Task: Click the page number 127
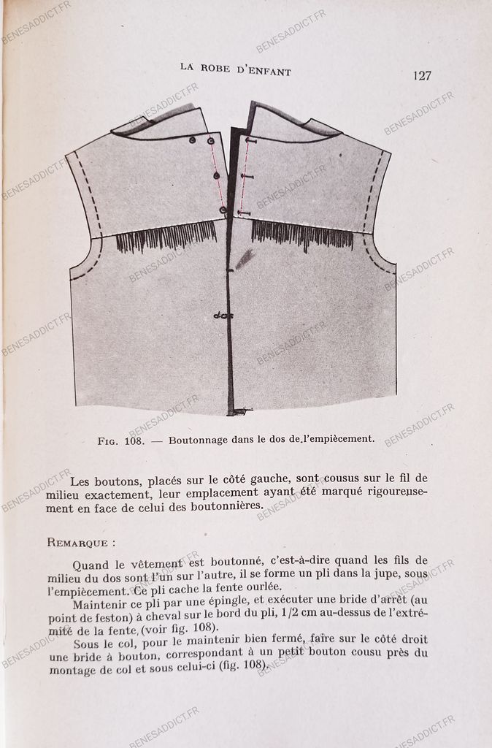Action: (422, 76)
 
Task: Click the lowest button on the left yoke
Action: (223, 210)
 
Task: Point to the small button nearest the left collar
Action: (193, 140)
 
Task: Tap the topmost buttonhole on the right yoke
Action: (250, 140)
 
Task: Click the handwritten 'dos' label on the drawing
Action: (223, 316)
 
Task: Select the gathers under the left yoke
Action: (166, 237)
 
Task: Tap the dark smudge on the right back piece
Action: (245, 257)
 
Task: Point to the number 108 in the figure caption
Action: (137, 440)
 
